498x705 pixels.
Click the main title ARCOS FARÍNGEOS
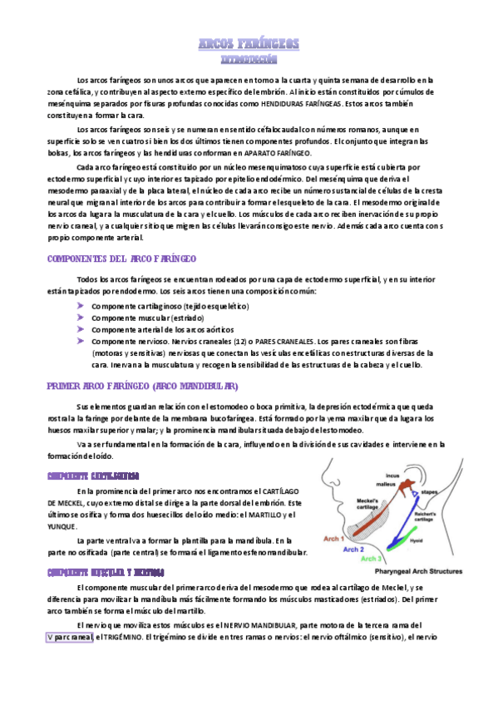249,43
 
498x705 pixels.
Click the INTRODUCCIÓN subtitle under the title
249,60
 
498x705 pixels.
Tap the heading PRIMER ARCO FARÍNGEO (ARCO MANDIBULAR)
142,386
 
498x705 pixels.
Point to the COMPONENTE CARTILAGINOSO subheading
92,475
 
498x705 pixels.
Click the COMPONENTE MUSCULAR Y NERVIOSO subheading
106,572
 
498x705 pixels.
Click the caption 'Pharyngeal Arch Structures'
417,571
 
